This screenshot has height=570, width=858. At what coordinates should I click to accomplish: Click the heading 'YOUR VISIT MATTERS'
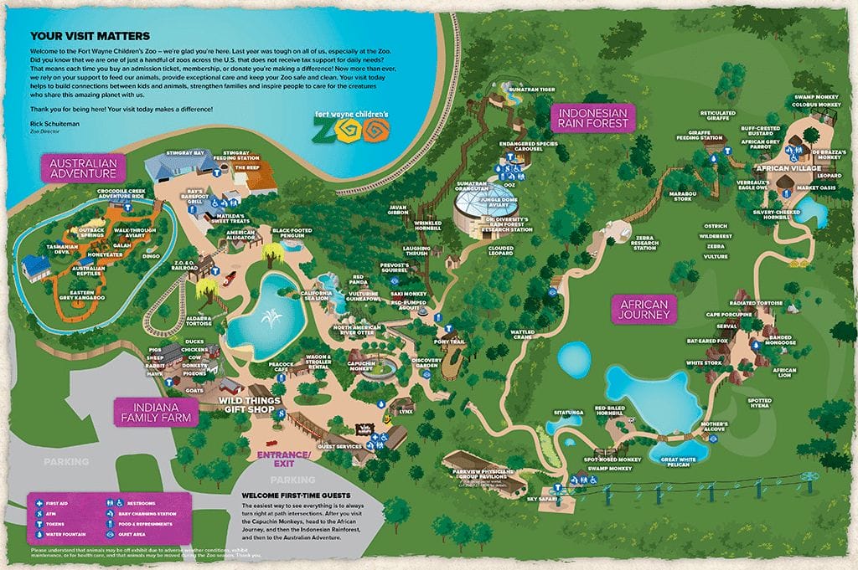pos(90,36)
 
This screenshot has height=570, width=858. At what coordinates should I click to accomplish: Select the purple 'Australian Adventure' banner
pos(82,167)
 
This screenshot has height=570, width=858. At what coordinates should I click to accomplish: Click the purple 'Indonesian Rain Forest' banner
pos(593,116)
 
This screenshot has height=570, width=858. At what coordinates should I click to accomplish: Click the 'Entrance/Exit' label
pos(283,457)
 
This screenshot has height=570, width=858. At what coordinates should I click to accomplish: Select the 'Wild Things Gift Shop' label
pos(249,405)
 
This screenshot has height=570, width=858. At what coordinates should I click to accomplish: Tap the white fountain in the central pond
pos(269,319)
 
